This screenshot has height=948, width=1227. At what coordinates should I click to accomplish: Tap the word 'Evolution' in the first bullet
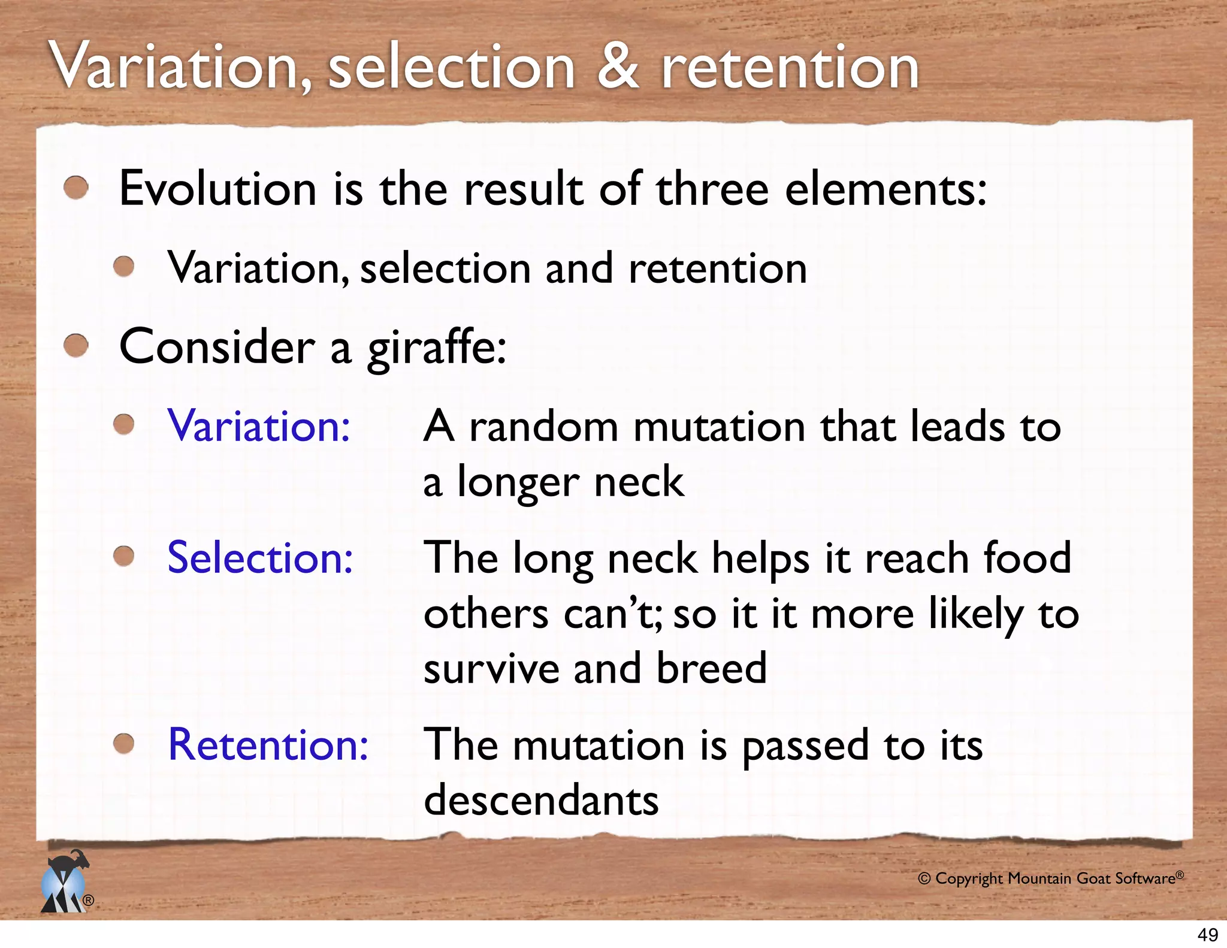click(217, 189)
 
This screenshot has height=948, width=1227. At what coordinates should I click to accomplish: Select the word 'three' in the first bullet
click(712, 189)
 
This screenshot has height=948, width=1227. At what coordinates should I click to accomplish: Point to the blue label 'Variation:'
click(259, 426)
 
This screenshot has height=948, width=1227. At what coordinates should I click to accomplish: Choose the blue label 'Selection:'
click(260, 558)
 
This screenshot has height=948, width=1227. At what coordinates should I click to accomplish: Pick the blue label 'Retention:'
click(268, 745)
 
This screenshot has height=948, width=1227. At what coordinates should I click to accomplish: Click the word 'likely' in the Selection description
click(976, 615)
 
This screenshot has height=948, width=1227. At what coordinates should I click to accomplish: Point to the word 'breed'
click(711, 668)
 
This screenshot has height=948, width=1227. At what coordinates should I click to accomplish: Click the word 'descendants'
click(541, 800)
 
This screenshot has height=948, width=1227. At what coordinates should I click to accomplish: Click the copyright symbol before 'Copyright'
click(924, 879)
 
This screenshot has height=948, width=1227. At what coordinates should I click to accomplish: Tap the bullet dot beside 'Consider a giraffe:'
click(76, 346)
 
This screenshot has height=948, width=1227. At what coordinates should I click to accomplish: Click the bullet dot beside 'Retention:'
click(123, 744)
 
